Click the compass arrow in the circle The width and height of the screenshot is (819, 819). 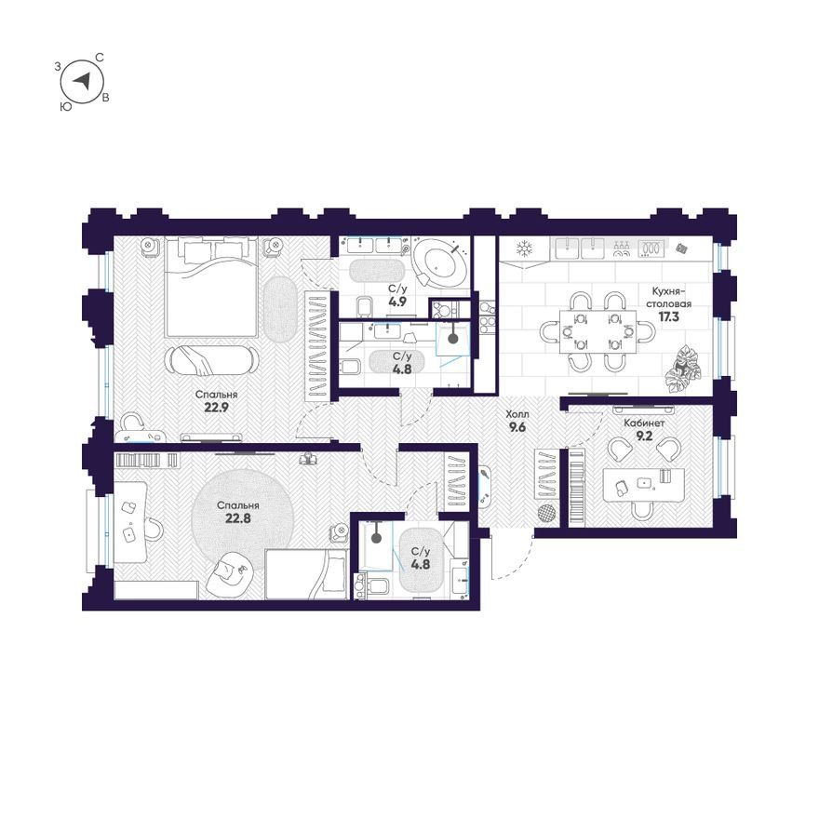coord(82,81)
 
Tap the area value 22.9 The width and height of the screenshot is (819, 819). coord(216,408)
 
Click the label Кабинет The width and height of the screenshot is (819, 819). coord(645,423)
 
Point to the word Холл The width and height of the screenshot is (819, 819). coord(517,414)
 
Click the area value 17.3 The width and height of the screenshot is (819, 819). coord(668,316)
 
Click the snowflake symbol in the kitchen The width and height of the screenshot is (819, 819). coord(523,248)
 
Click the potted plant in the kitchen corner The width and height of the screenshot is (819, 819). coord(683,369)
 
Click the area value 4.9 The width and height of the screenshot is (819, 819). coord(397,302)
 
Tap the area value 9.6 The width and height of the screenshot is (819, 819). coord(517,428)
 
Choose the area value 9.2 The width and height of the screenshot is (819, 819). coord(645,436)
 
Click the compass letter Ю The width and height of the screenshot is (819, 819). coord(66,106)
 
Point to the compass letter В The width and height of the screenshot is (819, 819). coord(105,98)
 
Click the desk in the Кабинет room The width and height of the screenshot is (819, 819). coord(643,485)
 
